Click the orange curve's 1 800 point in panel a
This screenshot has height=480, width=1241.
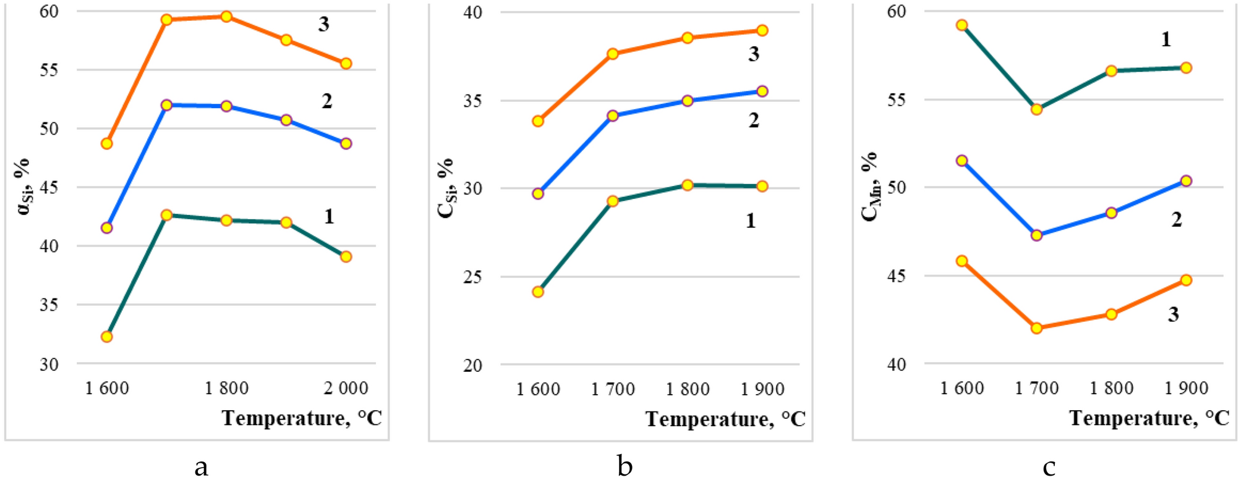pyautogui.click(x=226, y=17)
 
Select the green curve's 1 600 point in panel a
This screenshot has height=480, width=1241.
pyautogui.click(x=106, y=337)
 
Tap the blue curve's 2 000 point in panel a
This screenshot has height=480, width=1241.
pyautogui.click(x=346, y=143)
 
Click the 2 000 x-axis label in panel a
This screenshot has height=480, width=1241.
pyautogui.click(x=346, y=388)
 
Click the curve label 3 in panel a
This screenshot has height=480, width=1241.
pyautogui.click(x=324, y=25)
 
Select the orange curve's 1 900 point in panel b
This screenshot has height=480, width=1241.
pyautogui.click(x=762, y=30)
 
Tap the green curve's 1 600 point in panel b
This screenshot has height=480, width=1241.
pyautogui.click(x=538, y=292)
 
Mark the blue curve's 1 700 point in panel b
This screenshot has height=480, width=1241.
pyautogui.click(x=613, y=116)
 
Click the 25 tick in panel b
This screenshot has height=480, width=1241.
pyautogui.click(x=473, y=277)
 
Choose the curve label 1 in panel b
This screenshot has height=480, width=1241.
pyautogui.click(x=751, y=221)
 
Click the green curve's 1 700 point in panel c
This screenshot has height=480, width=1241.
pyautogui.click(x=1036, y=109)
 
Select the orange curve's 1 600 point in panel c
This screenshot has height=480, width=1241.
pyautogui.click(x=962, y=261)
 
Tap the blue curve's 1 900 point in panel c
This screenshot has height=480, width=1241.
pyautogui.click(x=1186, y=181)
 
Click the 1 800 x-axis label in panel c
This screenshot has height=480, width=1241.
pyautogui.click(x=1111, y=388)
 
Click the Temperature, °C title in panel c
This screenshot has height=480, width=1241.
pyautogui.click(x=1149, y=418)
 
